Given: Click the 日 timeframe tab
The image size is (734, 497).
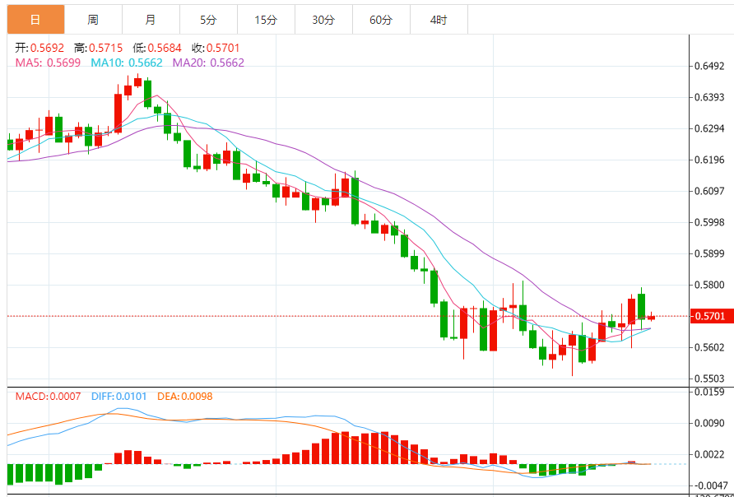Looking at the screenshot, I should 35,20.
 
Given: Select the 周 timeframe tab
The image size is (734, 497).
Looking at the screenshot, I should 93,20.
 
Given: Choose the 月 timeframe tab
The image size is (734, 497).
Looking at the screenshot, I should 150,20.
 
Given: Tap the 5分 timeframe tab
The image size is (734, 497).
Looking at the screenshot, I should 208,20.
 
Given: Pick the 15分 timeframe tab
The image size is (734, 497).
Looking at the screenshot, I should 266,20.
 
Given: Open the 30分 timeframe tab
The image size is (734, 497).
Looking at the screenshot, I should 323,20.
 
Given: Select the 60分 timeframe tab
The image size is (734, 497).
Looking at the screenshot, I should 381,20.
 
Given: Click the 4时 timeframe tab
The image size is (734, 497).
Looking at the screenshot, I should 439,20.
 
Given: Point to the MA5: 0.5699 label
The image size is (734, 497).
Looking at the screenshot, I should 48,63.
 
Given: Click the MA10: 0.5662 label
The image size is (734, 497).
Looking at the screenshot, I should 127,63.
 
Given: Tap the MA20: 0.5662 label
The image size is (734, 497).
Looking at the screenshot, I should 208,63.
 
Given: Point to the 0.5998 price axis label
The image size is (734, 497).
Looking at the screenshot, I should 709,222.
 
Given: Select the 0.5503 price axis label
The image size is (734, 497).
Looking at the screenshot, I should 709,379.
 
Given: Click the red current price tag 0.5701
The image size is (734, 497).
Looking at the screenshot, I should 708,316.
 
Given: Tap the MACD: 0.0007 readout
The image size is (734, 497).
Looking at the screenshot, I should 49,397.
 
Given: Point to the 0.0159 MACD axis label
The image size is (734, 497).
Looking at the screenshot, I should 709,392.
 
